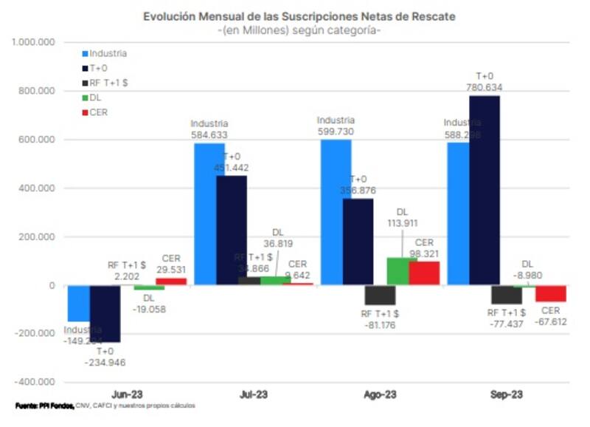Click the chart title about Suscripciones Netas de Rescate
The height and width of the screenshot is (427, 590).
(x=299, y=16)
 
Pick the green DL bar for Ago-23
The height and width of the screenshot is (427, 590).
(x=399, y=271)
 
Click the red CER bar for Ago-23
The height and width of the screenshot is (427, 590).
(x=424, y=273)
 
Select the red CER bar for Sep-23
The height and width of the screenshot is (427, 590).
(x=550, y=293)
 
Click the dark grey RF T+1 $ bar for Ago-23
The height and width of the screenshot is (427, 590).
(x=380, y=295)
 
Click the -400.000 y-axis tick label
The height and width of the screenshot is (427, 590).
(x=34, y=382)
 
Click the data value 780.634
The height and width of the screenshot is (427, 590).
(x=484, y=87)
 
